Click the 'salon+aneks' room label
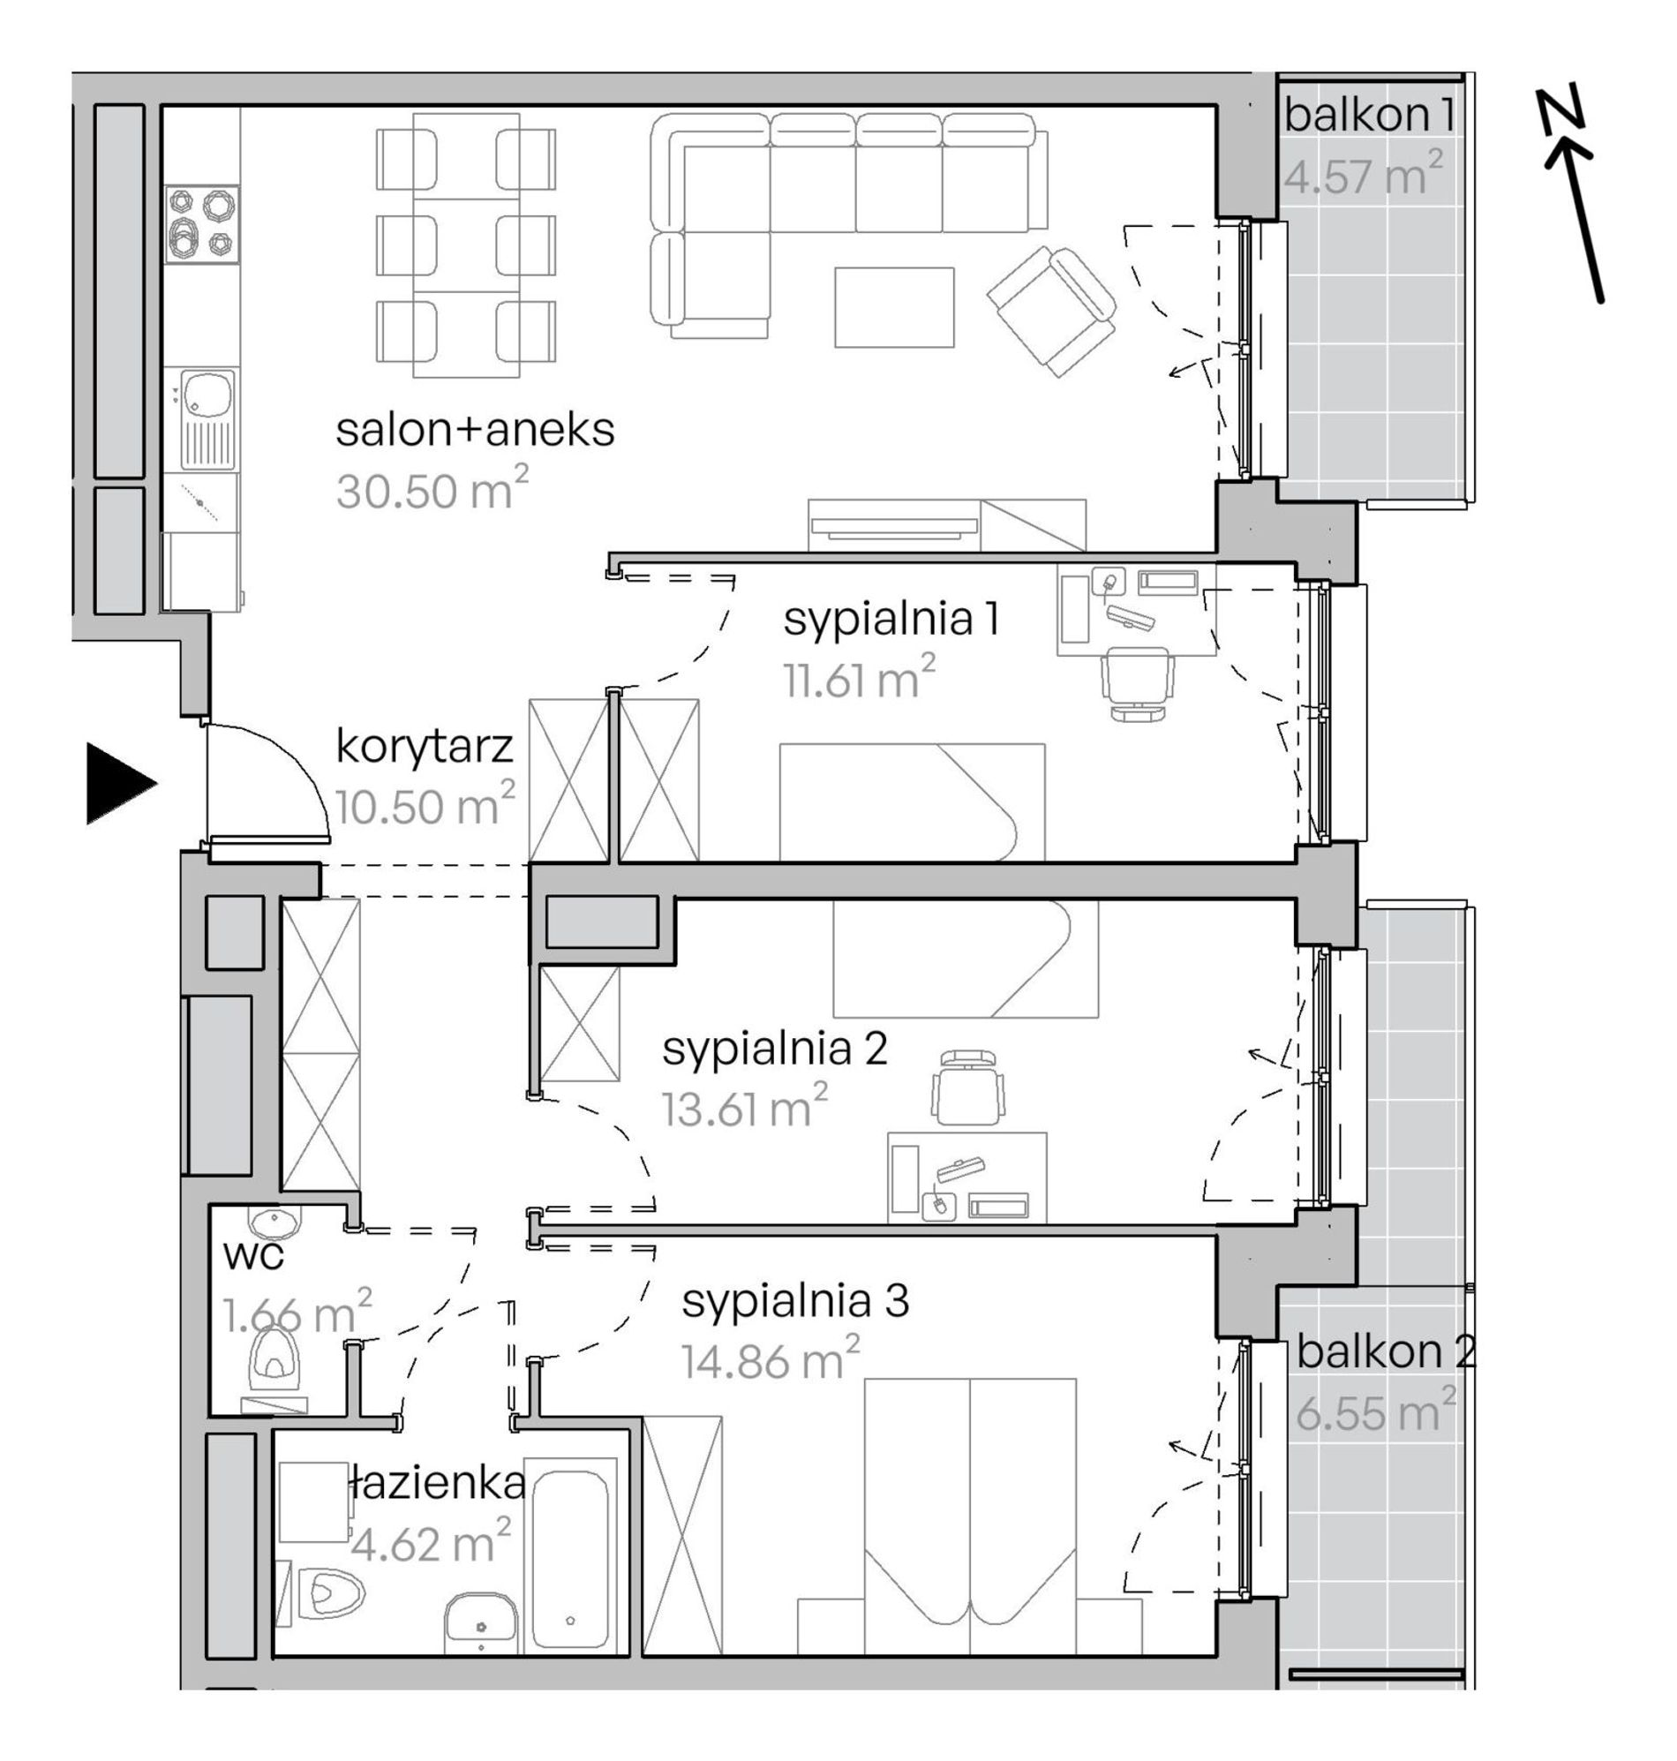tap(476, 430)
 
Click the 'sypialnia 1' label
tap(891, 619)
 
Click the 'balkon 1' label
tap(1370, 115)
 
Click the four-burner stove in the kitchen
tap(202, 224)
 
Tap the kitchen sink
tap(208, 419)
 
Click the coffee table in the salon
tap(894, 306)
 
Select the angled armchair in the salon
tap(1052, 310)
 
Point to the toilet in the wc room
tap(276, 1358)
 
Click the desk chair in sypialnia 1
tap(1136, 683)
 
